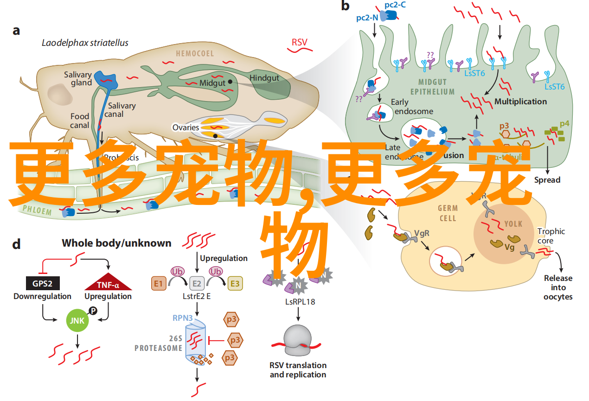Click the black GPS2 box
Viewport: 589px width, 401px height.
(42, 284)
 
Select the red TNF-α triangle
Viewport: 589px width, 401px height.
(108, 283)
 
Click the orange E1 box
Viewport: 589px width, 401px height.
(159, 283)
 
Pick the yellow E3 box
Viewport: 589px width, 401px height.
(235, 283)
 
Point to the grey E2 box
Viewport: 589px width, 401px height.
(197, 283)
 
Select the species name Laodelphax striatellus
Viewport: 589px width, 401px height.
(85, 43)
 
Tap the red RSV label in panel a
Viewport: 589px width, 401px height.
(299, 43)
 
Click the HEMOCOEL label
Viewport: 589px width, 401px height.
(195, 54)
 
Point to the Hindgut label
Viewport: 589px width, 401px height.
(264, 78)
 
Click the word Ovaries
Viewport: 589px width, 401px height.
(186, 127)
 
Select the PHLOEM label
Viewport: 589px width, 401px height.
(37, 211)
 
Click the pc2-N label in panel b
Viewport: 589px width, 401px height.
(367, 18)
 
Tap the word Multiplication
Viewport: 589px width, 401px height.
(520, 101)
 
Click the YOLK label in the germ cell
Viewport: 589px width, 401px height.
(513, 224)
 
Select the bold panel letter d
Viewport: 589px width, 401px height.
(17, 244)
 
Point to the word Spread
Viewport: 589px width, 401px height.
(547, 179)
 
